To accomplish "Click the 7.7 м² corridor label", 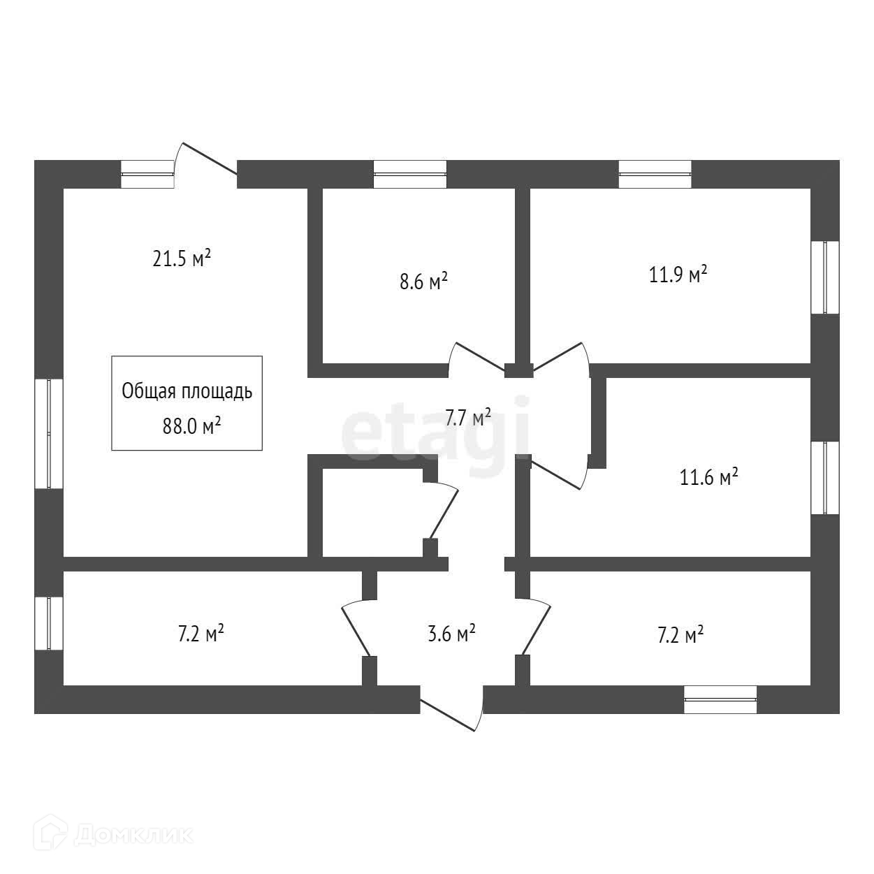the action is tap(468, 417).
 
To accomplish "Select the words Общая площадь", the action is tap(187, 391).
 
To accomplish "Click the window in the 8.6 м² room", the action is tap(410, 174).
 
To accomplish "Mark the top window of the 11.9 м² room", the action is tap(655, 174).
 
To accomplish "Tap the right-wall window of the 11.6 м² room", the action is tap(825, 478).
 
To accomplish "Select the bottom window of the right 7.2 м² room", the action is tap(720, 699).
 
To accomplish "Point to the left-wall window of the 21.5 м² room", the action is tap(49, 433).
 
